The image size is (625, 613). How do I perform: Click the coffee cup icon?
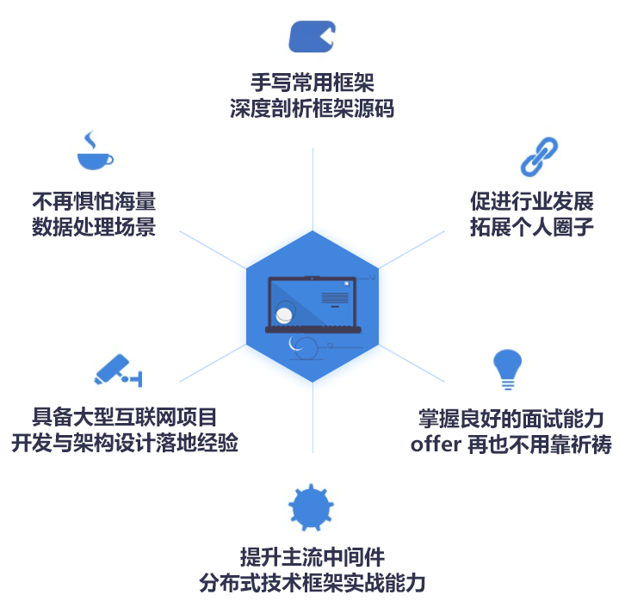95,152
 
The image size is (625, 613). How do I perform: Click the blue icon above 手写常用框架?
312,37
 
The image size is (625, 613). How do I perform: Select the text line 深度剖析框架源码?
312,109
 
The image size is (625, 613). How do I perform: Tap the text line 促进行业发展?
531,202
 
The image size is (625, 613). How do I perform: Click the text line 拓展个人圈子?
531,228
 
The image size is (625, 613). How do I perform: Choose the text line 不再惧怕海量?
94,202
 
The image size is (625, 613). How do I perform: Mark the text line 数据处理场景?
94,228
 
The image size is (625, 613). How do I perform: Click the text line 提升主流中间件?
312,556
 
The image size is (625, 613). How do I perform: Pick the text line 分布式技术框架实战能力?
312,582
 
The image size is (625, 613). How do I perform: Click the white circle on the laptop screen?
285,315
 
